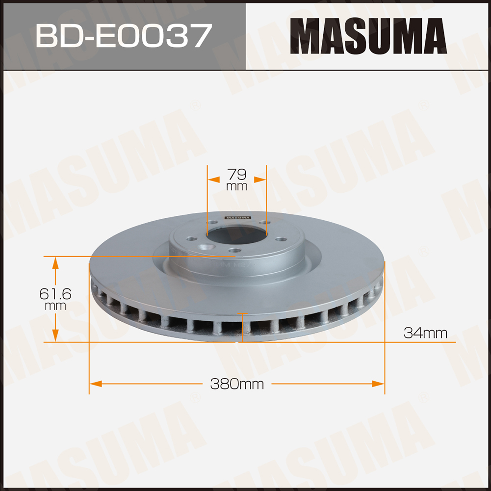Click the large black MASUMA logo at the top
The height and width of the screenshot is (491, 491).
[x=368, y=36]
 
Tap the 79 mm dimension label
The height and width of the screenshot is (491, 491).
[x=237, y=180]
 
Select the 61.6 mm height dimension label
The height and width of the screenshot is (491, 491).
[x=55, y=299]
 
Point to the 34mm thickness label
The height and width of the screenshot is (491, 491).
[x=425, y=333]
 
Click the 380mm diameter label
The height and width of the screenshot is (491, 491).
[x=237, y=384]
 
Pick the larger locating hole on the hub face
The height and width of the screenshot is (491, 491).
[x=208, y=247]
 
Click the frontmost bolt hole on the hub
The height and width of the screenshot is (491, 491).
[x=234, y=250]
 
